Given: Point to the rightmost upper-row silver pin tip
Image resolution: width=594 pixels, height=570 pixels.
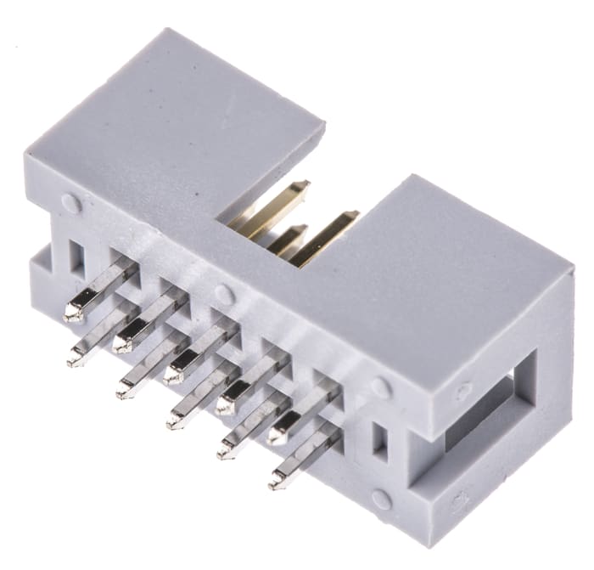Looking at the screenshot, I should (x=277, y=435).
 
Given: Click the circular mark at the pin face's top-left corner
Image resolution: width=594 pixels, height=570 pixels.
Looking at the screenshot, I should (x=70, y=203).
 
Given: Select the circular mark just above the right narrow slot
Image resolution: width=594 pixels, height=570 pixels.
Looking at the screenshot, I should (x=381, y=387).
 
